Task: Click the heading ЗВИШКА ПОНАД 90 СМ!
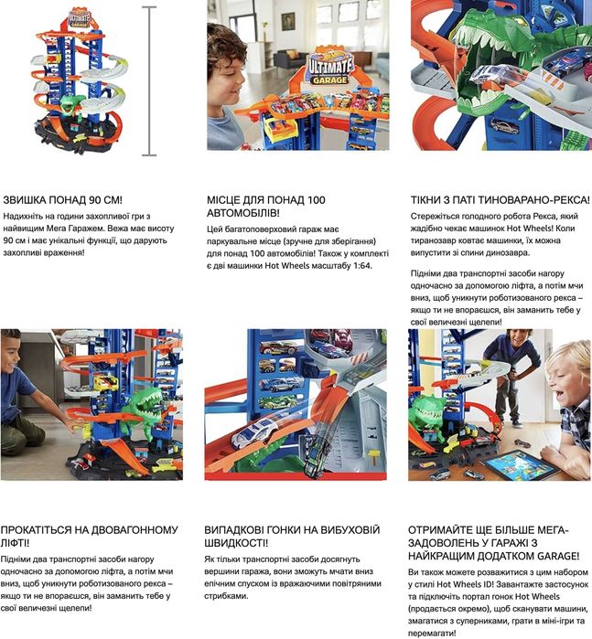pos(62,200)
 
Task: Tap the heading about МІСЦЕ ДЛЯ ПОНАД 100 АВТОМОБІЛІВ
pos(266,207)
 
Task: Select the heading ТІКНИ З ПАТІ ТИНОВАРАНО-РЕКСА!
pos(500,200)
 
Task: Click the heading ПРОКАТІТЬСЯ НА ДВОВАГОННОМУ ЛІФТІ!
pos(90,537)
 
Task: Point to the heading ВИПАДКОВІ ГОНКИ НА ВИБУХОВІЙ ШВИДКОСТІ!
pos(292,537)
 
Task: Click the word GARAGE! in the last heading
pos(558,556)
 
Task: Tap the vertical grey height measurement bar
pos(149,80)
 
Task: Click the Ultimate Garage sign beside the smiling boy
pos(330,69)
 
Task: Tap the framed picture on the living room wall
pos(288,21)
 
